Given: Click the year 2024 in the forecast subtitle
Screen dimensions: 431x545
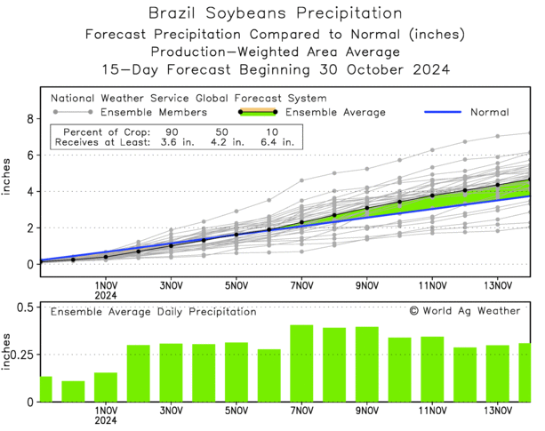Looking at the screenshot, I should pyautogui.click(x=426, y=68).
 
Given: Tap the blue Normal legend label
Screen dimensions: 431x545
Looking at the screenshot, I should pyautogui.click(x=487, y=113).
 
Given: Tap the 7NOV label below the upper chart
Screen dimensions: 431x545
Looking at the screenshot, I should pyautogui.click(x=301, y=286).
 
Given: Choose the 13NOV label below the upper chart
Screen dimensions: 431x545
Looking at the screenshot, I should pyautogui.click(x=498, y=286).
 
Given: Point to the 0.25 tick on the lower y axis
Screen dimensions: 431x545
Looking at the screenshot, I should pyautogui.click(x=21, y=355).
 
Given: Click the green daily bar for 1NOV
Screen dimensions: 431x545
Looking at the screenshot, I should pyautogui.click(x=106, y=387).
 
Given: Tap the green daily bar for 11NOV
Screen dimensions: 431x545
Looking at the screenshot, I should pyautogui.click(x=432, y=369).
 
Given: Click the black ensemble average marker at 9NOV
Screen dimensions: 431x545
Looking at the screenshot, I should pyautogui.click(x=367, y=208).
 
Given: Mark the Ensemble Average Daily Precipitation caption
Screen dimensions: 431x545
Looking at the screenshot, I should pyautogui.click(x=153, y=312).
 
